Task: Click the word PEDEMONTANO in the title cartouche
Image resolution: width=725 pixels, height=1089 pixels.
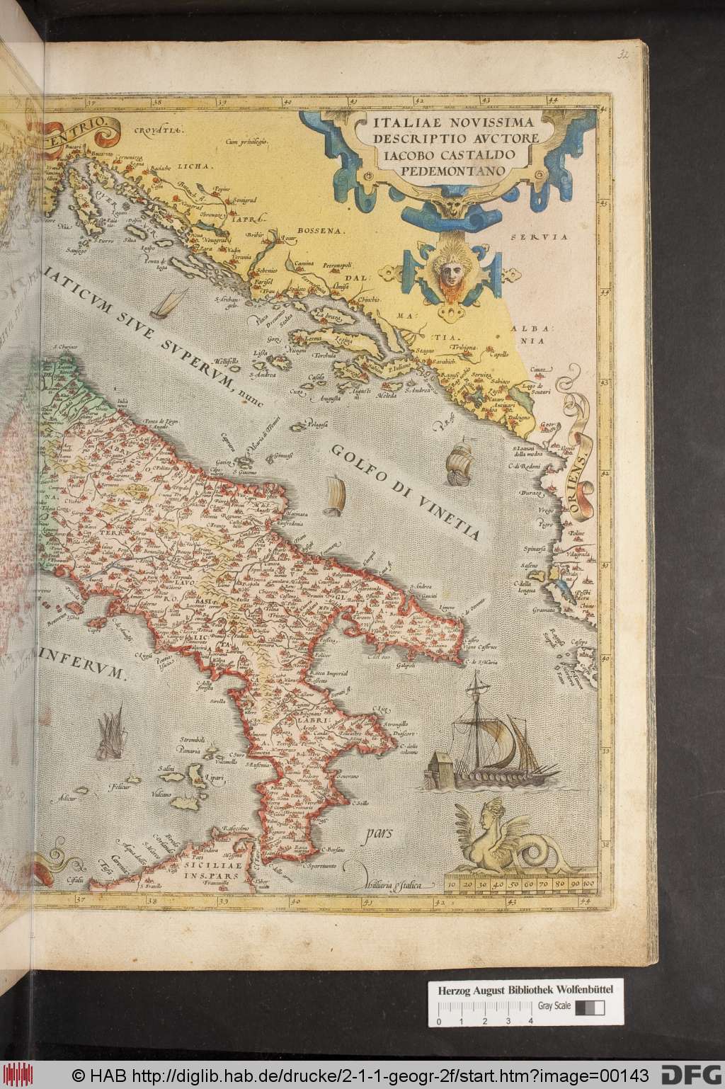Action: pos(444,171)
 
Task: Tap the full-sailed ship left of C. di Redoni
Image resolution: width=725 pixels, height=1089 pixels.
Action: pos(458,461)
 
